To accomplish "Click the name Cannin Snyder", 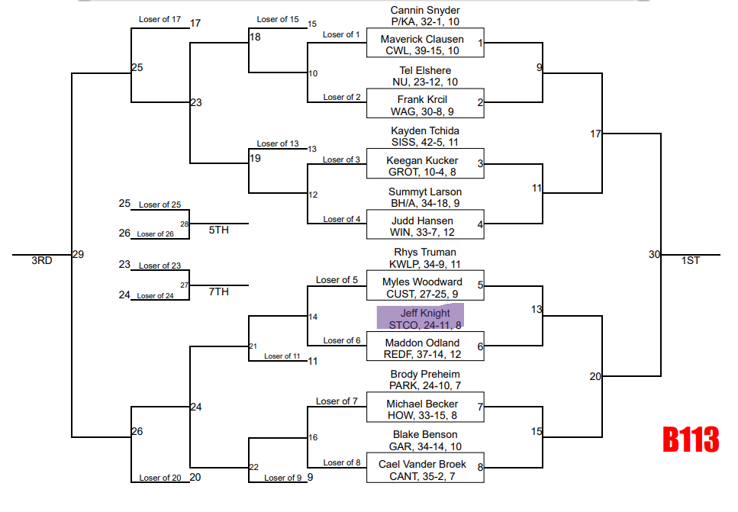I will [x=425, y=10].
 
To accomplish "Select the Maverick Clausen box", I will [x=425, y=43].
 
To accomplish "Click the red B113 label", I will [x=690, y=440].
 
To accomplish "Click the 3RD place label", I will [x=41, y=260].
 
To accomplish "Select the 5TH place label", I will [x=219, y=230].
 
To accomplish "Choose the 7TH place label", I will [x=219, y=291].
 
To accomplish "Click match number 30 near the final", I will [x=654, y=255].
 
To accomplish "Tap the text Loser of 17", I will [x=160, y=19].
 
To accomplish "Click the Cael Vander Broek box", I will [x=425, y=469].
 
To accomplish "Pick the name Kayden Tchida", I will [x=425, y=131].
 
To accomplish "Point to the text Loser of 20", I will [x=160, y=478].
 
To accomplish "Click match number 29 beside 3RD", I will [x=78, y=255].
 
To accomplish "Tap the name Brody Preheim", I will [x=425, y=375].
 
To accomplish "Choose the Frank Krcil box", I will [x=425, y=105].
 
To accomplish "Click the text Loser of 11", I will [x=282, y=356].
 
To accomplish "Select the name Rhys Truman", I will [x=425, y=253].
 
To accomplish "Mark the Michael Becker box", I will [x=425, y=409].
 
